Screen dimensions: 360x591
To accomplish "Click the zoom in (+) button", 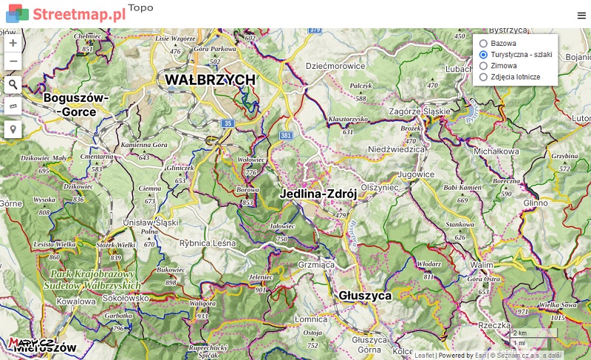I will [13, 43].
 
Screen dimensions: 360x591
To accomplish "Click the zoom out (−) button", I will [13, 61].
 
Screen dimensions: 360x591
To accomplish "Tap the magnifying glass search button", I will [13, 84].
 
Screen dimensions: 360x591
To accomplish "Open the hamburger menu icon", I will [581, 16].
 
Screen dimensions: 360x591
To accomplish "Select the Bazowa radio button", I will [483, 44].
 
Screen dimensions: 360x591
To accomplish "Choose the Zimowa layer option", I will [483, 66].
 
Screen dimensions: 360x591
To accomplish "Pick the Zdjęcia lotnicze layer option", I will [483, 77].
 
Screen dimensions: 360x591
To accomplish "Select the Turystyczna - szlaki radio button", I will [483, 55].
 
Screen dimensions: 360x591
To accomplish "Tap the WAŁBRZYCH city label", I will [210, 80].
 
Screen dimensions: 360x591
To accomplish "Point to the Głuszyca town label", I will [365, 295].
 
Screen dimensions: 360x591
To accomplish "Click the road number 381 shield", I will [287, 136].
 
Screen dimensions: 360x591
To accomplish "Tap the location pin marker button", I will [13, 129].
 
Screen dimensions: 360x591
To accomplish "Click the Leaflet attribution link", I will [424, 356].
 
